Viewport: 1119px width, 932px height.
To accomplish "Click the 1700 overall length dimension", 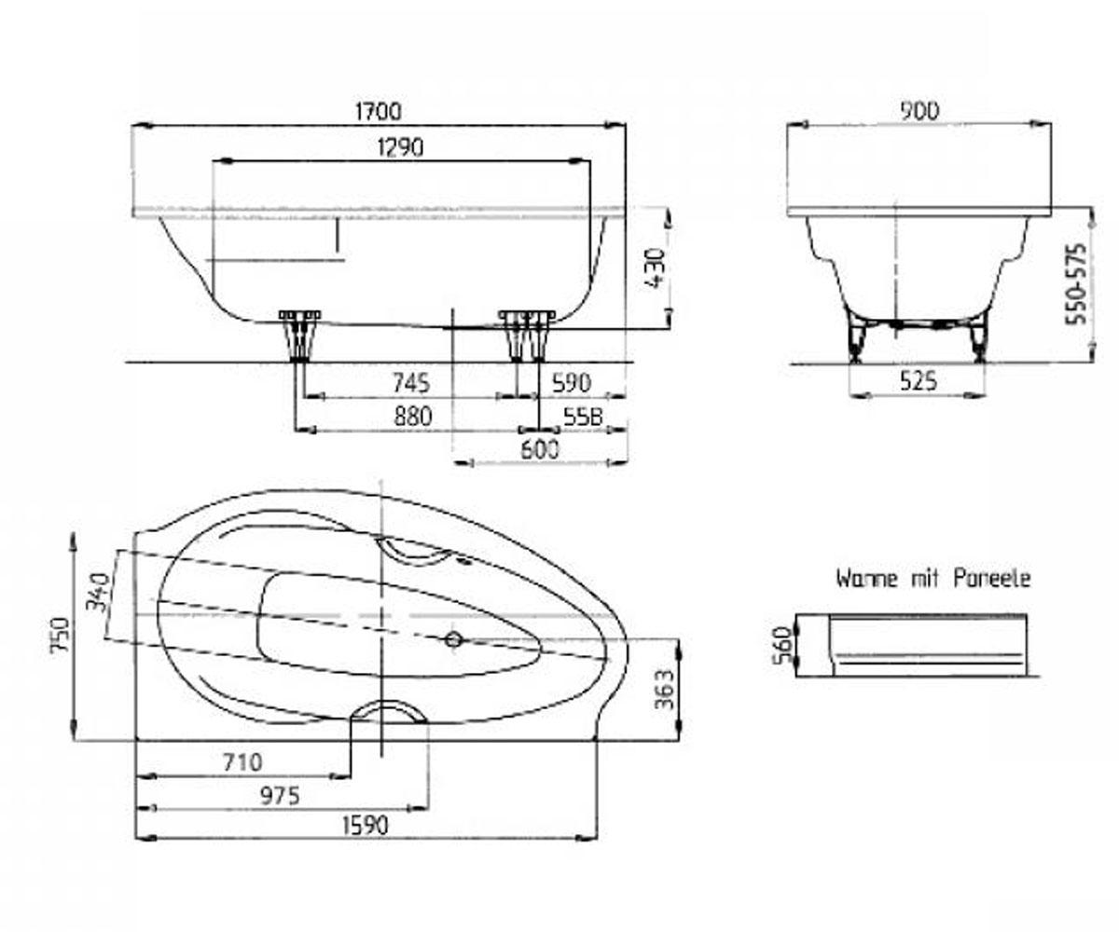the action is [379, 111].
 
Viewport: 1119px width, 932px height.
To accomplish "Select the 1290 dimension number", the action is [400, 147].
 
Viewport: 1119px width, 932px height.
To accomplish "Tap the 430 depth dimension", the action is [656, 267].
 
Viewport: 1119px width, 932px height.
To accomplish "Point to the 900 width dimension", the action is [919, 111].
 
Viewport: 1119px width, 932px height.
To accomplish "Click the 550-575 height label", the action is [1076, 284].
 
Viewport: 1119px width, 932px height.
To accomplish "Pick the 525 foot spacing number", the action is [918, 381].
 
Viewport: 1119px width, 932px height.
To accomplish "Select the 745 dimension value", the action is [411, 382].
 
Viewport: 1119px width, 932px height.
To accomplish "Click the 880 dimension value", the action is [413, 417].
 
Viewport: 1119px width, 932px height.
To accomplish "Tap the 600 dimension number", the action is [540, 449].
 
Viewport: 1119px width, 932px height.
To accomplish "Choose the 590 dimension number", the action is [572, 382].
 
